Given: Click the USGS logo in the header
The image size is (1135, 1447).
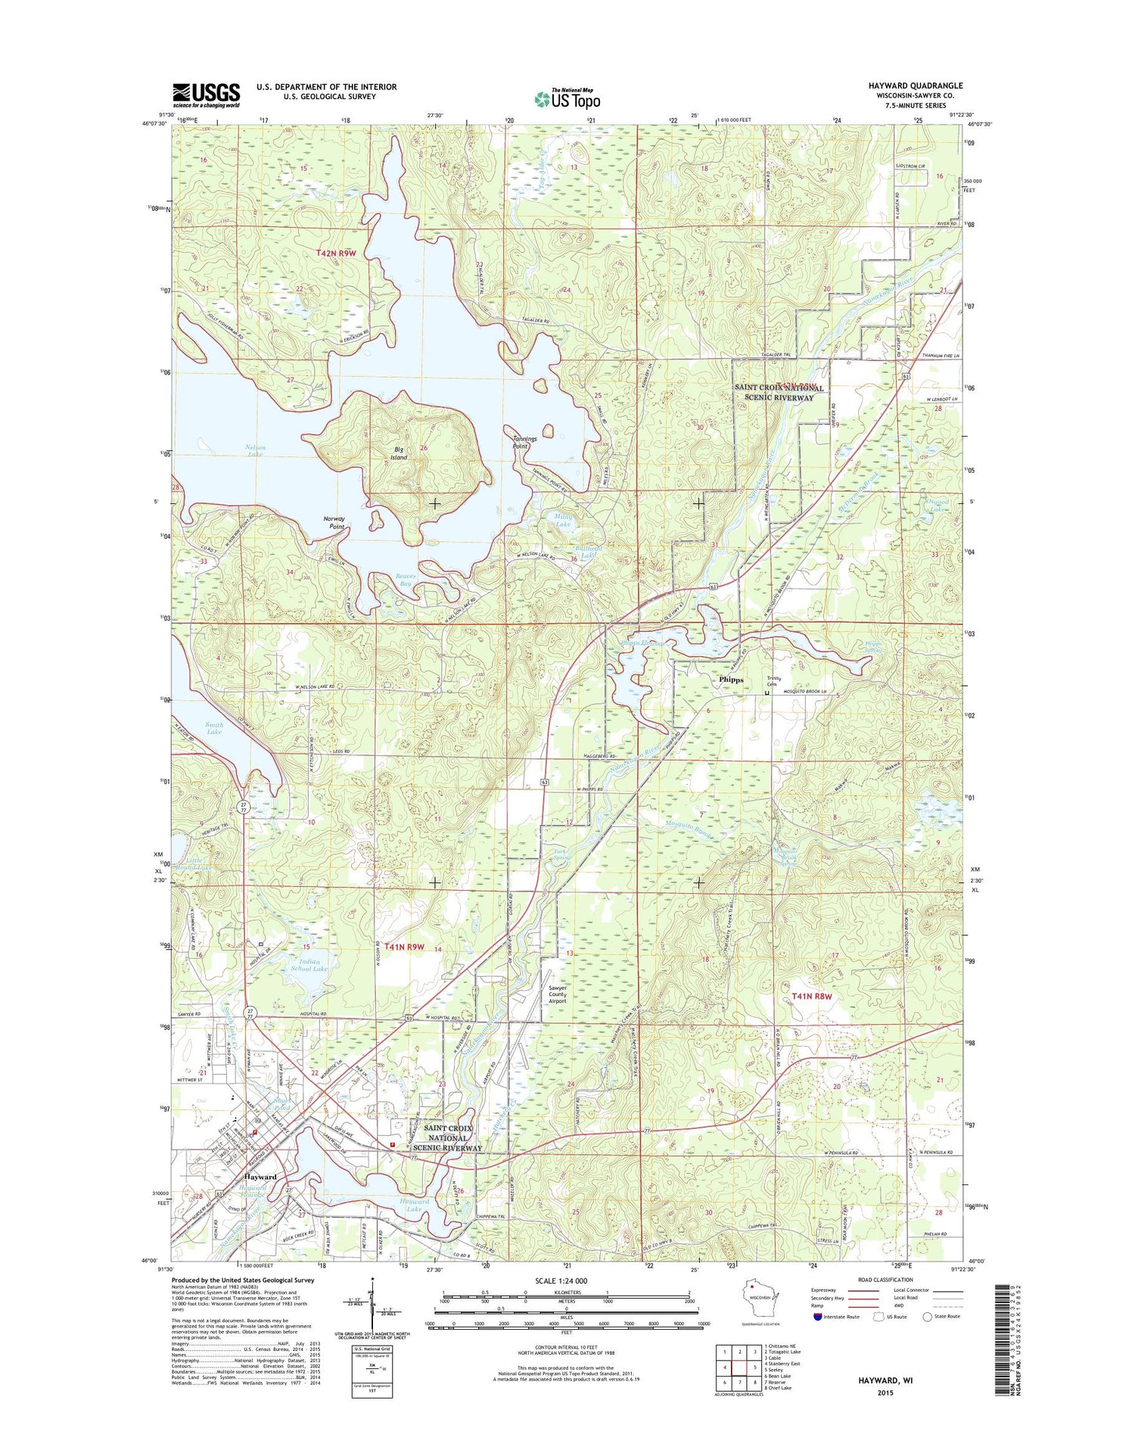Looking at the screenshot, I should tap(206, 95).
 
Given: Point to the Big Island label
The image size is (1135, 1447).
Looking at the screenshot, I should tap(398, 453).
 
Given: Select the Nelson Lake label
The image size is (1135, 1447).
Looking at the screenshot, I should tap(255, 450).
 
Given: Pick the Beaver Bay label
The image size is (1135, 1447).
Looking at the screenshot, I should tap(406, 580).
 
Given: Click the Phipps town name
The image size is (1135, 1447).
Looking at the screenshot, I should tap(730, 680).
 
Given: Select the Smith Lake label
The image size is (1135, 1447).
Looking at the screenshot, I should tap(214, 728).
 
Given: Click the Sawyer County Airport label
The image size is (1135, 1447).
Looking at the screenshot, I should tap(558, 994).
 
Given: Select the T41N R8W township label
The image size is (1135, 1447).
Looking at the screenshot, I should tap(811, 997).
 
